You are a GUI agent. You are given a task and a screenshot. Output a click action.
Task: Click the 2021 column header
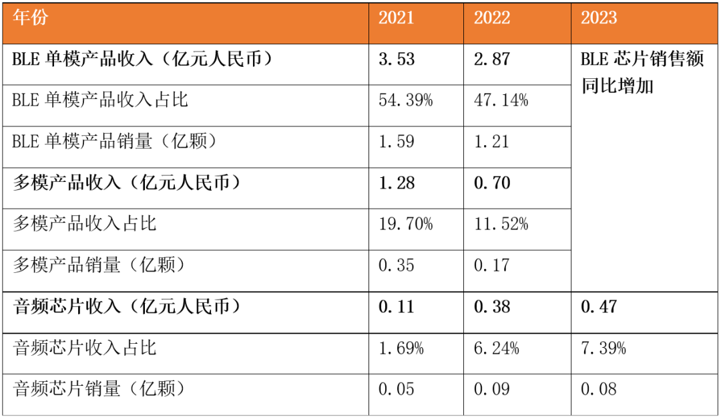[x=397, y=18]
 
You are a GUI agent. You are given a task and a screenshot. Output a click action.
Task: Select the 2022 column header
[x=492, y=18]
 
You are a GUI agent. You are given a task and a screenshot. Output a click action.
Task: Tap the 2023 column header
[x=599, y=18]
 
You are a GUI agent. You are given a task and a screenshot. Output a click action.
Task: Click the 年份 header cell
[x=31, y=18]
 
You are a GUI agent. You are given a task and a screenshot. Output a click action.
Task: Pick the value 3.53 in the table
[x=397, y=60]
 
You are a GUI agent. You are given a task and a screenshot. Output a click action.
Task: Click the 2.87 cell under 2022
[x=492, y=60]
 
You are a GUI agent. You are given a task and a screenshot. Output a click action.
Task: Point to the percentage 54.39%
[x=405, y=101]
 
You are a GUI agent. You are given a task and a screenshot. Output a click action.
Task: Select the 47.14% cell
[x=501, y=101]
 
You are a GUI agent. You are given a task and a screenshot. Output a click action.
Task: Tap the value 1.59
[x=397, y=142]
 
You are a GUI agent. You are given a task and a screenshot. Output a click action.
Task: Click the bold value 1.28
[x=397, y=183]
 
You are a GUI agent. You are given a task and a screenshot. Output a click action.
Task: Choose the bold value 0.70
[x=492, y=183]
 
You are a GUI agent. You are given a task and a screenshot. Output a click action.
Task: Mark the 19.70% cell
[x=405, y=224]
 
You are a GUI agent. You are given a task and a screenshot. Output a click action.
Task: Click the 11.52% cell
[x=501, y=224]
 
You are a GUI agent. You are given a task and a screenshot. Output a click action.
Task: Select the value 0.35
[x=397, y=266]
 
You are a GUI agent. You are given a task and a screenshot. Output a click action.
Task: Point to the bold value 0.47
[x=599, y=307]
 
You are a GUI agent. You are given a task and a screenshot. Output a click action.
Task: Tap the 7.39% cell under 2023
[x=604, y=348]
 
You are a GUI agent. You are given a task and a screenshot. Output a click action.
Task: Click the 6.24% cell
[x=497, y=348]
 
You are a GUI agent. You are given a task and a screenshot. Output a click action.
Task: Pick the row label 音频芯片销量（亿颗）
[x=99, y=389]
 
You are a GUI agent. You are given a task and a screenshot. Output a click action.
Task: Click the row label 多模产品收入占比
[x=85, y=224]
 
